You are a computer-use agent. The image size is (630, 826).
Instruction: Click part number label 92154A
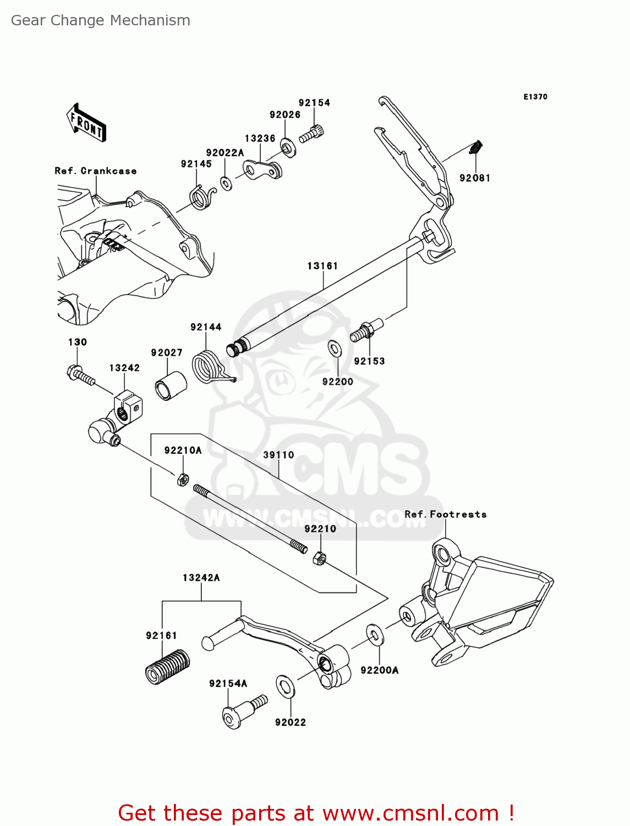pos(228,683)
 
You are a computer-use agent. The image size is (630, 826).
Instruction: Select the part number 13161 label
pos(322,266)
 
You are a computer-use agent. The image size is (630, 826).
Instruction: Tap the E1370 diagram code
pos(535,97)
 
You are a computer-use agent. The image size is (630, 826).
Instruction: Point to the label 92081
pos(475,178)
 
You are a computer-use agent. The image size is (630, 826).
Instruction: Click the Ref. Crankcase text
pos(95,171)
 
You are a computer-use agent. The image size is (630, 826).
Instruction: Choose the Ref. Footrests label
pos(445,514)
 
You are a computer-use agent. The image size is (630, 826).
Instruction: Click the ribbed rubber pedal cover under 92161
pos(167,667)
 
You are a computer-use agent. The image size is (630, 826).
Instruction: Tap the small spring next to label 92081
pos(477,148)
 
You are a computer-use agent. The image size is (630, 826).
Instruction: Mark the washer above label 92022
pos(285,686)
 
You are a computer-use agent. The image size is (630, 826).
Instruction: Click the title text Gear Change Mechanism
pos(101,20)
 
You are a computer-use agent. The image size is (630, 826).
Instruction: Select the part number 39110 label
pos(278,455)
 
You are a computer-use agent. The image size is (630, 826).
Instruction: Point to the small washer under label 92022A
pos(226,183)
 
